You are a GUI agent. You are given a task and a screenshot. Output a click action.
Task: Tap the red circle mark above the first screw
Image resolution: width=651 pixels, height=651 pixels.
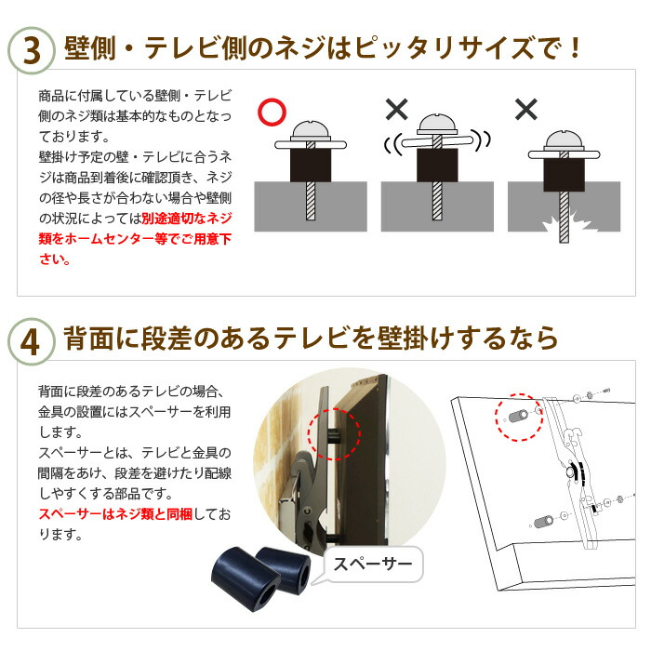272,112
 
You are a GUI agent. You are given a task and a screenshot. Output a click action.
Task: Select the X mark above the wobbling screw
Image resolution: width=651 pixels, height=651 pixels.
396,109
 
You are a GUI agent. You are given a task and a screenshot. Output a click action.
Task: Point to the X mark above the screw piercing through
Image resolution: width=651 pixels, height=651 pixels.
526,109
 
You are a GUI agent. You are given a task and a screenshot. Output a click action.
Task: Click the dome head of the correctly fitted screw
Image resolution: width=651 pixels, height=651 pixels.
311,129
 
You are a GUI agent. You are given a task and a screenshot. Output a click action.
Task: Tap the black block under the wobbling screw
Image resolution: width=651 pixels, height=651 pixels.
437,166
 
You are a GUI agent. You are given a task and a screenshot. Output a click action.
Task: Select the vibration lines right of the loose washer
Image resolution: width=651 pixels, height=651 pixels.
483,140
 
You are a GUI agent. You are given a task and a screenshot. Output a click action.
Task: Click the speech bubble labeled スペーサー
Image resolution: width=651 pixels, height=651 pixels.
372,565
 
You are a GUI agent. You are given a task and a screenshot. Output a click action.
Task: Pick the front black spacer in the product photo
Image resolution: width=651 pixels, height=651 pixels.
246,579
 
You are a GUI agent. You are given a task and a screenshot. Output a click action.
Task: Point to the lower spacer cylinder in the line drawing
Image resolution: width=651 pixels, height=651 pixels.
543,522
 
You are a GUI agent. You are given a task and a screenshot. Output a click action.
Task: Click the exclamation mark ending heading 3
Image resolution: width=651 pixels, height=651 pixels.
575,48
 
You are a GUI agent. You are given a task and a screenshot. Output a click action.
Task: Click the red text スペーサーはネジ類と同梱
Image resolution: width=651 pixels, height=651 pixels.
115,514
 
